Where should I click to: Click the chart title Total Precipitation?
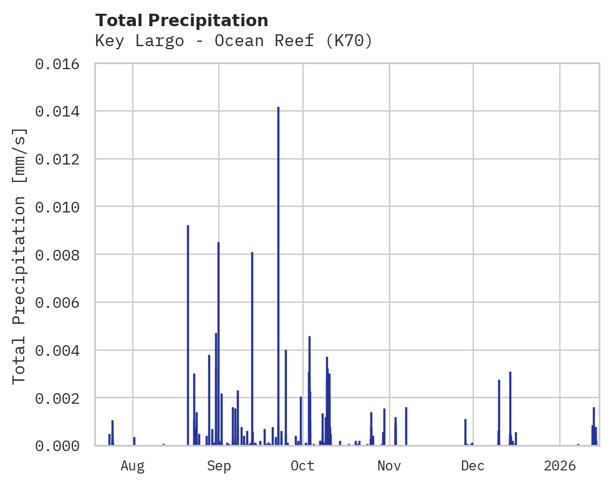click(x=182, y=21)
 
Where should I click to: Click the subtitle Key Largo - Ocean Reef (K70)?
click(x=234, y=41)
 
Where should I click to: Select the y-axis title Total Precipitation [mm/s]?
click(x=19, y=255)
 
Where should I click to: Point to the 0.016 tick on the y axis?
click(x=62, y=64)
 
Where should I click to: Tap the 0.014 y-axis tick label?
click(x=62, y=112)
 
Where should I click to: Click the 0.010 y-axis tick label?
click(x=62, y=207)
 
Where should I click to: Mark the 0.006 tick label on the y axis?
click(x=62, y=303)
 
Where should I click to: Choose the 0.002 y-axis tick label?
click(x=62, y=398)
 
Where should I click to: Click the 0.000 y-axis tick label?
click(x=62, y=446)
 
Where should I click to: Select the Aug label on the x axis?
click(x=133, y=466)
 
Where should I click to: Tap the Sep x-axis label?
click(x=219, y=466)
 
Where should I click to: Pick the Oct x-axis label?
click(x=303, y=466)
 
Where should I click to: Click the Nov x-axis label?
click(x=389, y=466)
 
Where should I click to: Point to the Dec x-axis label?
click(x=473, y=466)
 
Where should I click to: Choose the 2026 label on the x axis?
click(x=560, y=466)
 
